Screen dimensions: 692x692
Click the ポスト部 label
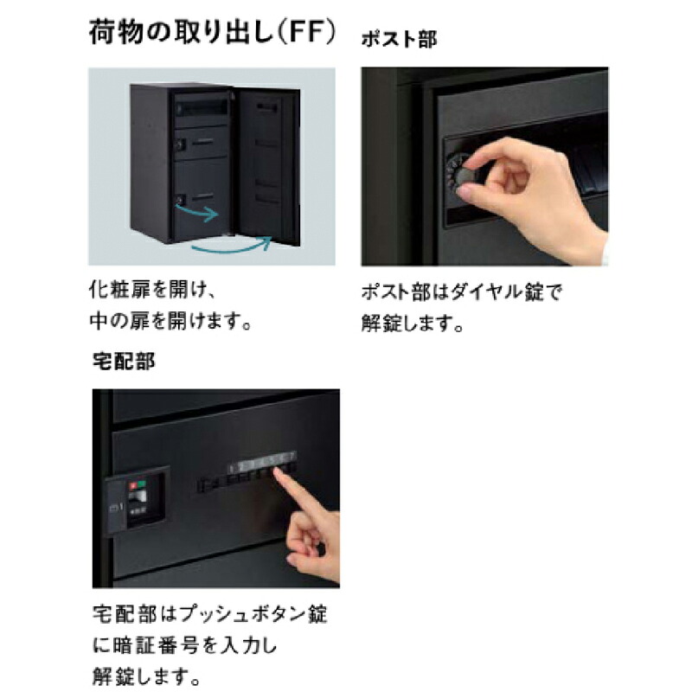pos(399,40)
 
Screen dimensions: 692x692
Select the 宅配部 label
pos(123,361)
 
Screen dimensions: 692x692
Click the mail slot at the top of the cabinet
pos(202,106)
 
